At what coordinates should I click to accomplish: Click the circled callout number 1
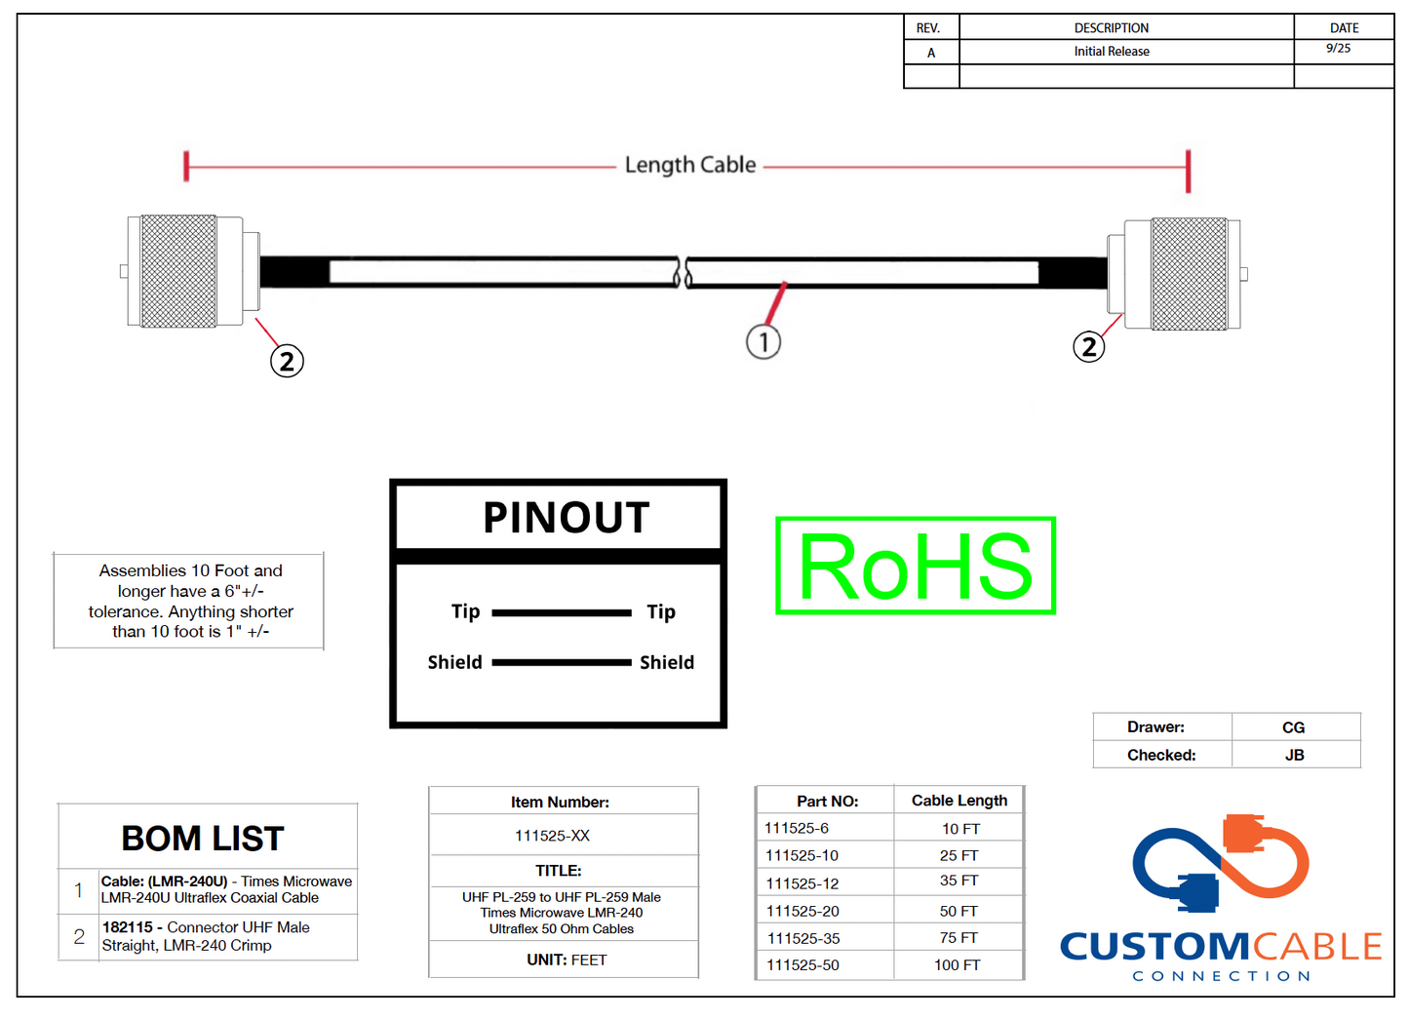(763, 342)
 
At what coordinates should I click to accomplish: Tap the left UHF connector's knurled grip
(178, 272)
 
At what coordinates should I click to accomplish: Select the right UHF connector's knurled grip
(1189, 274)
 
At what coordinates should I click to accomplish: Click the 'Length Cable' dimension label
(690, 165)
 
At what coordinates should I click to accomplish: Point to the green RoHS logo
(916, 566)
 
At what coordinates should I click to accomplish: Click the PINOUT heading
(566, 518)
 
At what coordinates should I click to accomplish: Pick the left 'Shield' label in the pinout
(454, 662)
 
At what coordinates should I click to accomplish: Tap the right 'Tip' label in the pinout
(661, 611)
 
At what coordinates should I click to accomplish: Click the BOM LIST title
(203, 839)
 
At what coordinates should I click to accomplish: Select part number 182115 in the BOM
(128, 927)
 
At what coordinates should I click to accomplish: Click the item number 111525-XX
(552, 836)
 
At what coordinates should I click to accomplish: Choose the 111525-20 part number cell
(802, 911)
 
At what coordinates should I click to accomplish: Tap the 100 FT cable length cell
(958, 964)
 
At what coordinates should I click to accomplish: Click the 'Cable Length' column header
(959, 801)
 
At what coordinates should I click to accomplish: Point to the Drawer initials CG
(1293, 727)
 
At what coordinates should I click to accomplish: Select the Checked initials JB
(1294, 755)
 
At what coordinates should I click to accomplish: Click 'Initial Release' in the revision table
(1112, 52)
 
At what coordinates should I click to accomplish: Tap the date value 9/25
(1338, 49)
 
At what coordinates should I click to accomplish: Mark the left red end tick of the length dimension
(186, 166)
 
